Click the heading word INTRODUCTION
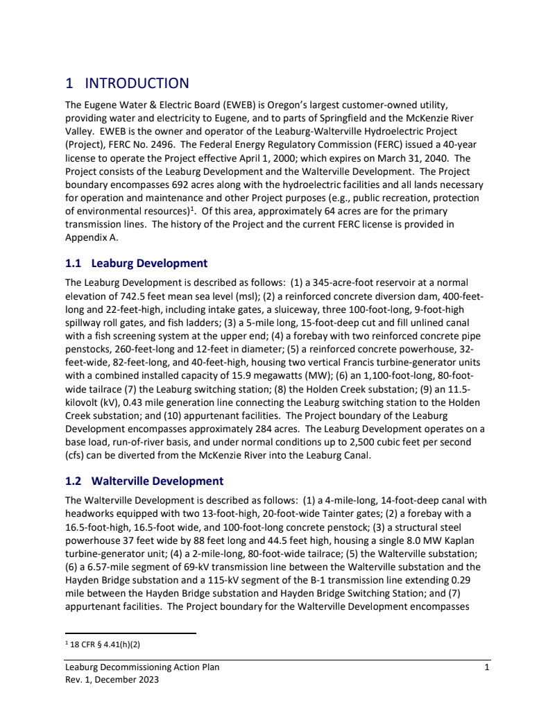pos(137,83)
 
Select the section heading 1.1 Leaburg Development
pos(136,263)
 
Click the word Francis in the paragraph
pos(361,362)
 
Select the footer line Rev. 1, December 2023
pos(112,680)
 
